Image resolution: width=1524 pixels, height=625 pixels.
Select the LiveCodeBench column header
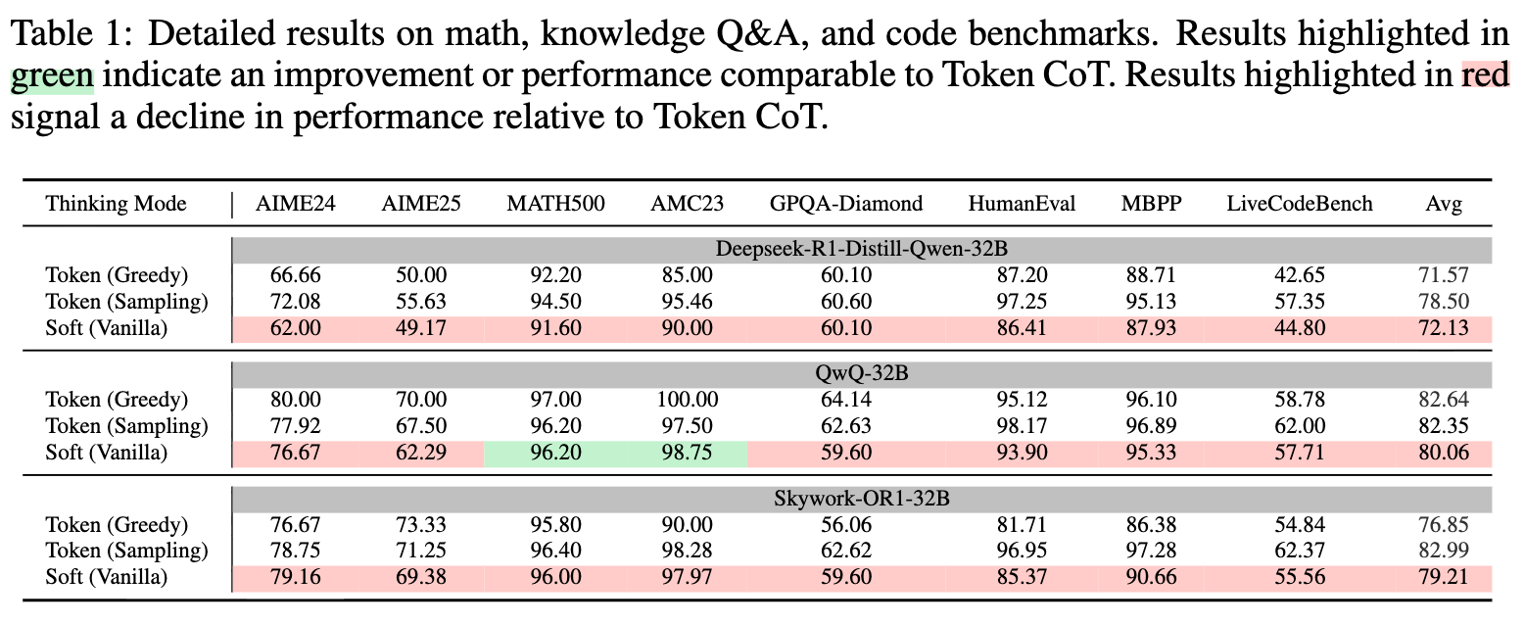click(1300, 204)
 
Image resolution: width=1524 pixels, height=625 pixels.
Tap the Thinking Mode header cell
click(116, 204)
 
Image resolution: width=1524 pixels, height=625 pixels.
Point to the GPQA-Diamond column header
click(845, 204)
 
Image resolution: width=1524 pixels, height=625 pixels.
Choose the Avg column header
click(1445, 204)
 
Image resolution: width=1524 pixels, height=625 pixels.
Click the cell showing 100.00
click(686, 400)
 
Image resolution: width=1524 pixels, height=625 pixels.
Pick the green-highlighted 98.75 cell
click(686, 453)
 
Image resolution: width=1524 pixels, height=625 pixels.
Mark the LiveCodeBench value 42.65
click(1300, 275)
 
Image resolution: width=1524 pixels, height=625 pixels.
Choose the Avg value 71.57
click(1445, 275)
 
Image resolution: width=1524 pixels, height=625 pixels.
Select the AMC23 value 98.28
click(686, 551)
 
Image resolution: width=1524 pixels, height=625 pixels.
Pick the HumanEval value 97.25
click(1022, 302)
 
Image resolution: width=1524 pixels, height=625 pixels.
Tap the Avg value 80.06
click(1445, 453)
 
